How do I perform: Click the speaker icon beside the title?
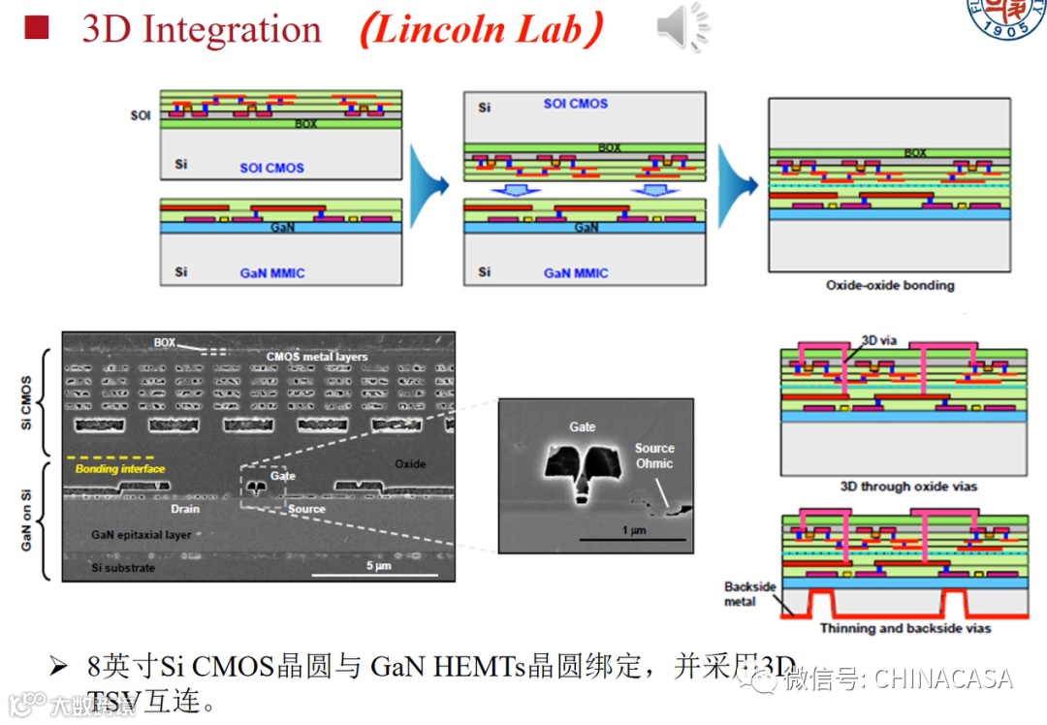click(682, 26)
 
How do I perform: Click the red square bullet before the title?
click(36, 26)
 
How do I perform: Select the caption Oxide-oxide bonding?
click(890, 285)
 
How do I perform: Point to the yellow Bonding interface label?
click(120, 469)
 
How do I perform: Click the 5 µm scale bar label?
click(377, 565)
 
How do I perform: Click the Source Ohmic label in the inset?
click(654, 456)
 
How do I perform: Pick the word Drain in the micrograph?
click(184, 509)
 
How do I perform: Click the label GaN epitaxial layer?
click(141, 535)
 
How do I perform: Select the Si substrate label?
click(122, 567)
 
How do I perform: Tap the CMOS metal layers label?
click(317, 357)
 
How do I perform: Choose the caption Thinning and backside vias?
click(905, 628)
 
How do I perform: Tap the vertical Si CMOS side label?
click(26, 403)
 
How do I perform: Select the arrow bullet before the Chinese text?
click(59, 666)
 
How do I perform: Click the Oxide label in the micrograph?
click(410, 464)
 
